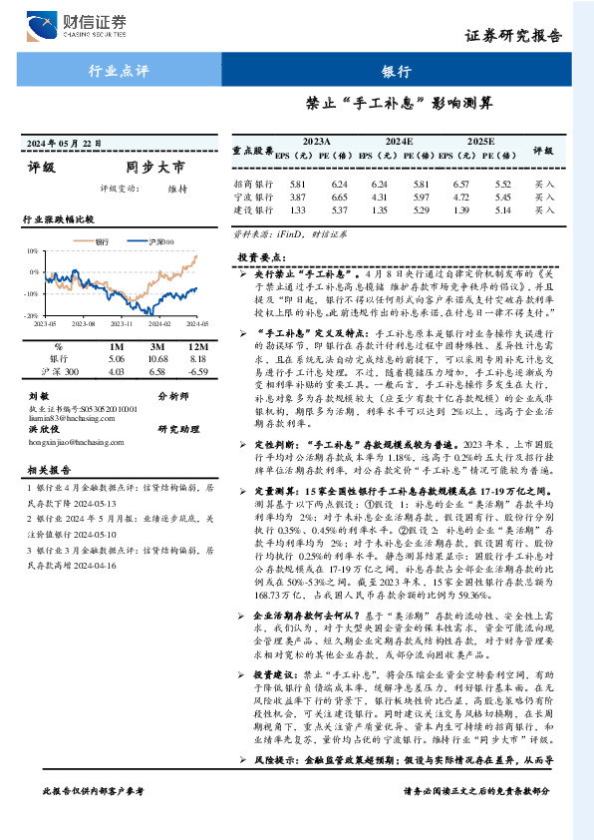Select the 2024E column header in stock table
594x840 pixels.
point(399,143)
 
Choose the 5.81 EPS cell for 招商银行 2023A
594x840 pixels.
point(298,185)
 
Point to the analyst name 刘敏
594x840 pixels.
point(39,396)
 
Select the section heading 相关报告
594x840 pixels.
point(47,469)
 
